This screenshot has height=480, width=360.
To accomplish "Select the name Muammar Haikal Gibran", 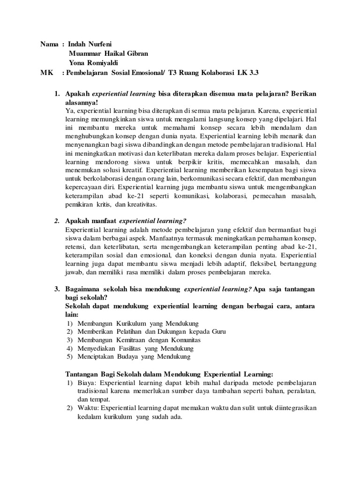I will pos(108,53).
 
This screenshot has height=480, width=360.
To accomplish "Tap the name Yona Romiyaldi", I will pos(93,63).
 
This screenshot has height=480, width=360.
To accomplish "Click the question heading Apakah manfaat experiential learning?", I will pos(126,221).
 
